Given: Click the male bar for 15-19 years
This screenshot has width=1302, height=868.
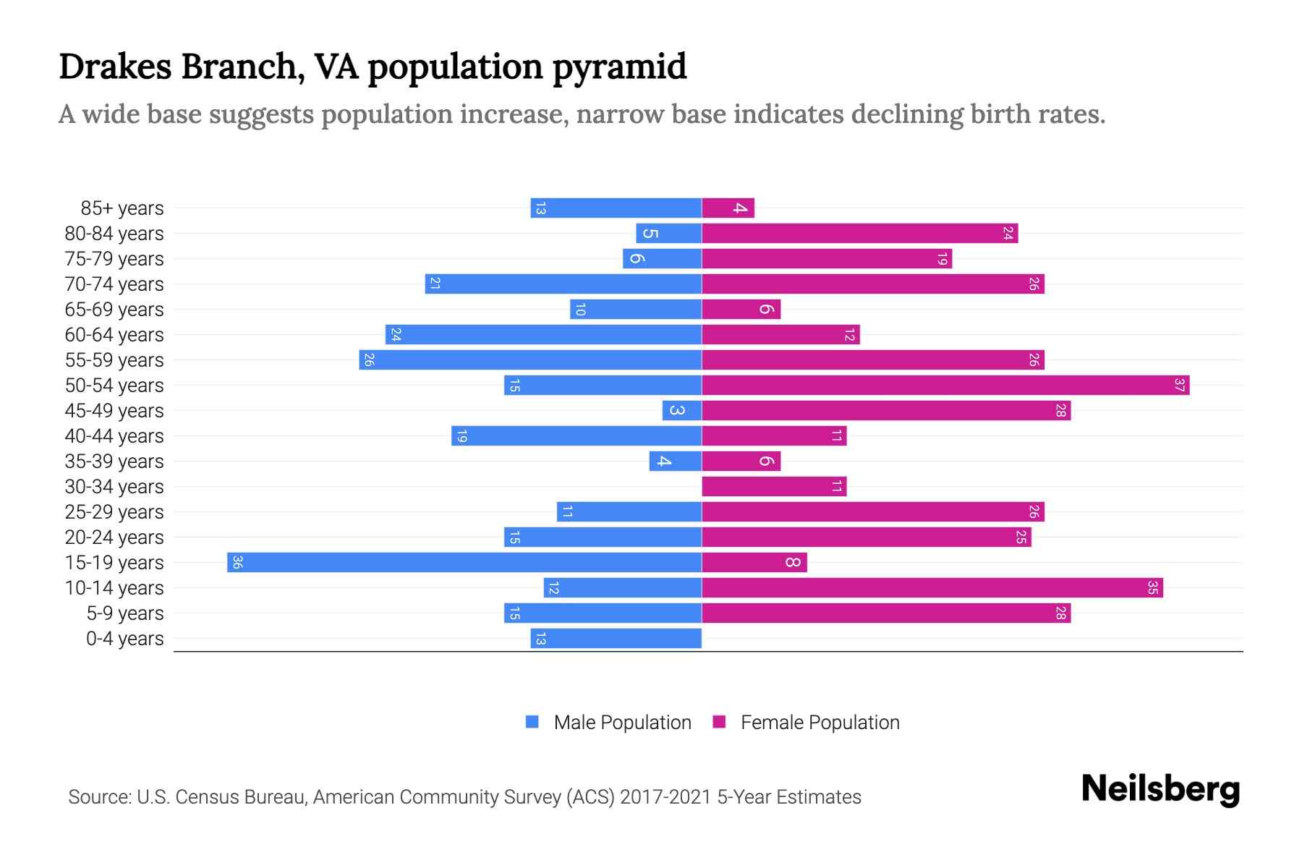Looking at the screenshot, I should coord(464,562).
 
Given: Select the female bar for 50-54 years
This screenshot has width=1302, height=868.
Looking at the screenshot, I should coord(945,385).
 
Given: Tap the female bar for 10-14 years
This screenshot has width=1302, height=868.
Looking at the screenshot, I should coord(932,587).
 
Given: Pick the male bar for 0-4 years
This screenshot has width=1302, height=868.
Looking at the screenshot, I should coord(616,638).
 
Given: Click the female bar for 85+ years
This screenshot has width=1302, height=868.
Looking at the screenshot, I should coord(728,208).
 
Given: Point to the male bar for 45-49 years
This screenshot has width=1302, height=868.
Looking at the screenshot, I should coord(682,410).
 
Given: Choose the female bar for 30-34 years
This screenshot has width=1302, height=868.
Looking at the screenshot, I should coord(774,486).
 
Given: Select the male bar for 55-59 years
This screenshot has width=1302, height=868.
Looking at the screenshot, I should coord(530,359).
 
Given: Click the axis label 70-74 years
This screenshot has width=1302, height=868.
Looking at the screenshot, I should coord(114,284).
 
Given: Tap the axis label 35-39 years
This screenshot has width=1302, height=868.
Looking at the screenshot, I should coord(114,461).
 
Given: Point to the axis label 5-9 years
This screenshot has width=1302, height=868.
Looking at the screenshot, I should coord(124,613).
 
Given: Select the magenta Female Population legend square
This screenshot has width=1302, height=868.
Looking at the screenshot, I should coord(719,722).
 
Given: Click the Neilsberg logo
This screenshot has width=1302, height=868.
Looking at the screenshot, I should coord(1160,789).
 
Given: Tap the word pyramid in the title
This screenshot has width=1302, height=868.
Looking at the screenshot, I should coord(619,67).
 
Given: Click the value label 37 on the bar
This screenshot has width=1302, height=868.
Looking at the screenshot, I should coord(1179,385).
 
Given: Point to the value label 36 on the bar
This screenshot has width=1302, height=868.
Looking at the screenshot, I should coord(237,562).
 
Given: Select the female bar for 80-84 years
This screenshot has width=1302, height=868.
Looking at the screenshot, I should coord(859,233).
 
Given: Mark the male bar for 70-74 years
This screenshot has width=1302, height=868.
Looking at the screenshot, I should coord(563,284).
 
